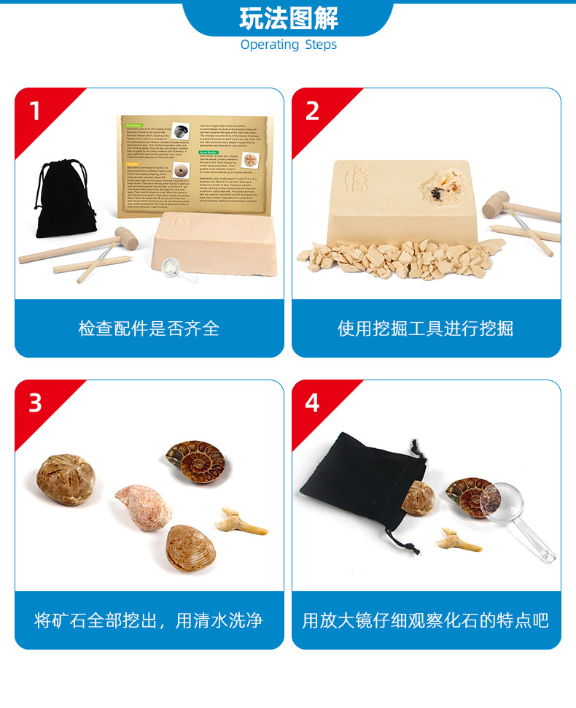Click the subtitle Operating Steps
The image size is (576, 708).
[x=288, y=45]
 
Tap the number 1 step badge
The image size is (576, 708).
[x=35, y=112]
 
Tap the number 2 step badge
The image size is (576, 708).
[x=312, y=112]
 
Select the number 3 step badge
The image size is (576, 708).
[x=35, y=403]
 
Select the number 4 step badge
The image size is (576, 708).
[x=312, y=403]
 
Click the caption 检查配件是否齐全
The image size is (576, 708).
[x=149, y=328]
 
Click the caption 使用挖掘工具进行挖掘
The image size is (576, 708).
[x=426, y=328]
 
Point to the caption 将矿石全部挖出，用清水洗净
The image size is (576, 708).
[x=149, y=620]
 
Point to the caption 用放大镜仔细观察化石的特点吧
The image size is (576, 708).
[x=426, y=620]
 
